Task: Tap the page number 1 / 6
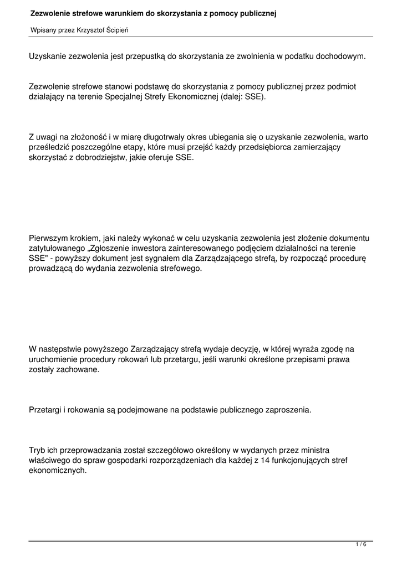[361, 545]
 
